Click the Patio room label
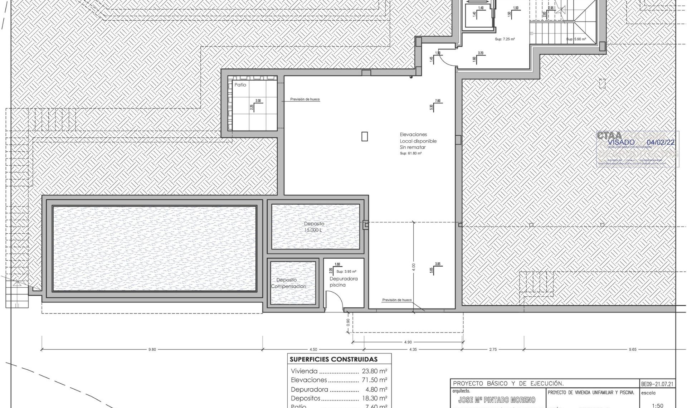pos(240,85)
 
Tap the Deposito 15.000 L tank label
pos(314,227)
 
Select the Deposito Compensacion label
pos(288,283)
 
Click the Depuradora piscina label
pos(343,282)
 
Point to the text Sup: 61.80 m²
pos(410,154)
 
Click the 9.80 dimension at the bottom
pos(152,349)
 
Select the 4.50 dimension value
pos(313,349)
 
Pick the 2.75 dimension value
pos(493,349)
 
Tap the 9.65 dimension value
pos(632,349)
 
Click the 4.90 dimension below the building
pos(408,342)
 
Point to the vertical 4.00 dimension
pos(414,267)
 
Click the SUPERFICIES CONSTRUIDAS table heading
pos(333,359)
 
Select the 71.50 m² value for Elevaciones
pos(374,380)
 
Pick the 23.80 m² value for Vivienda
pos(374,371)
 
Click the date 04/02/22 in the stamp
pos(661,142)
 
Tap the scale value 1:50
pos(657,405)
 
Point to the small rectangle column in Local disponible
pos(364,136)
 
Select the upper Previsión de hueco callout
pos(305,99)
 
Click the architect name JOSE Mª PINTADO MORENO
pos(497,400)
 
